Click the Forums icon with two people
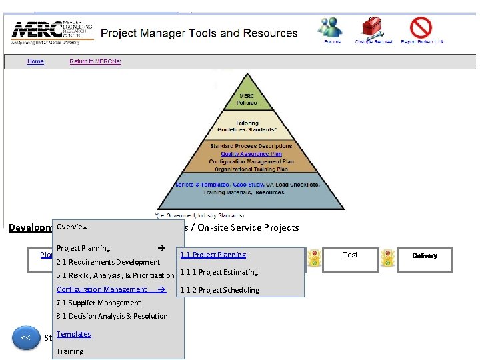tap(331, 29)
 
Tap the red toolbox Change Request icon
tap(373, 29)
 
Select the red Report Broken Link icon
tap(421, 29)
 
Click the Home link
tap(35, 62)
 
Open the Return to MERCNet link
tap(95, 62)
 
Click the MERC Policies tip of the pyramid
tap(246, 99)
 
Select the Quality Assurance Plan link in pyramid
tap(247, 154)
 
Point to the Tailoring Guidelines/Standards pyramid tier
tap(246, 125)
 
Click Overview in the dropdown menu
tap(72, 227)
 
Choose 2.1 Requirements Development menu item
tap(108, 262)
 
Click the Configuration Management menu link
tap(102, 289)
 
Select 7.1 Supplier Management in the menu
tap(99, 303)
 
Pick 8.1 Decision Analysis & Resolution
tap(112, 316)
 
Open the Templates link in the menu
tap(73, 334)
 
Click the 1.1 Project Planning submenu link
tap(213, 255)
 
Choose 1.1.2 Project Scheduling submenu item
tap(219, 290)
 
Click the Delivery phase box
tap(425, 257)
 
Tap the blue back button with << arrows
tap(25, 337)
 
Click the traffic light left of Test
tap(313, 259)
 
